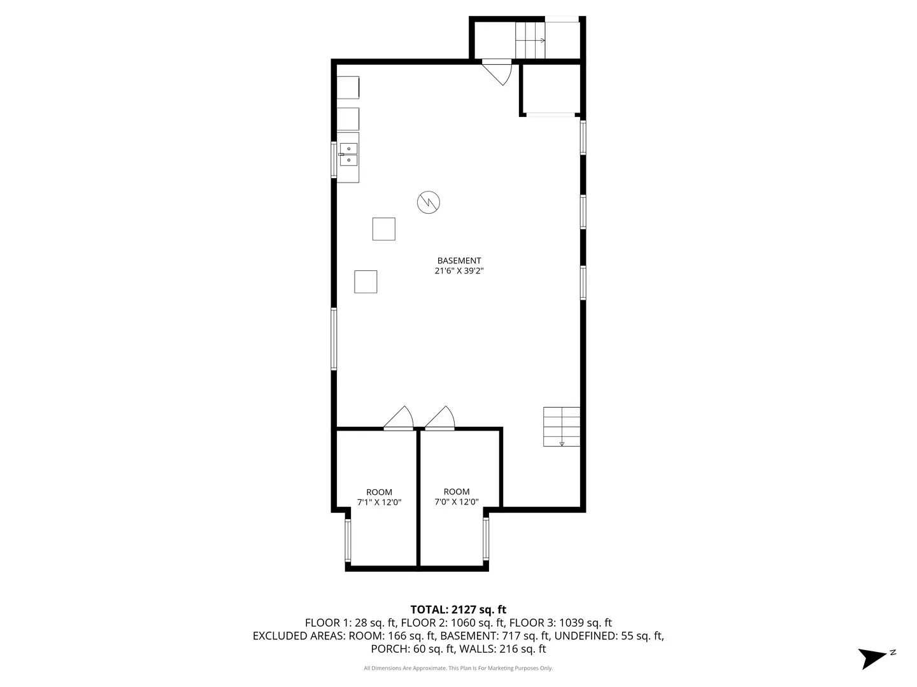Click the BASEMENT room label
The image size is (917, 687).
coord(458,260)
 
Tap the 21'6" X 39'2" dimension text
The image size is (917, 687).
coord(458,271)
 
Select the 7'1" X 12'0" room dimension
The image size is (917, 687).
coord(379,502)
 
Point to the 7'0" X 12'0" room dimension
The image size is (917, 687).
coord(456,502)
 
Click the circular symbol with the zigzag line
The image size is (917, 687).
coord(429,202)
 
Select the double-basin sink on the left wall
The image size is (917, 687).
coord(348,154)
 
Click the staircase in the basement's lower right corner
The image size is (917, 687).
coord(561,426)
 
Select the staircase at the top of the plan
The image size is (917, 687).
coord(530,40)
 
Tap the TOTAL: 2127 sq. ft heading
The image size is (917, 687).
coord(458,609)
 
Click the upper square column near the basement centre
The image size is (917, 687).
coord(383,229)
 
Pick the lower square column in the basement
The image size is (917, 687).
coord(366,282)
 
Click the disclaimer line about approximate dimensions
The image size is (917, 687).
coord(458,668)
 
